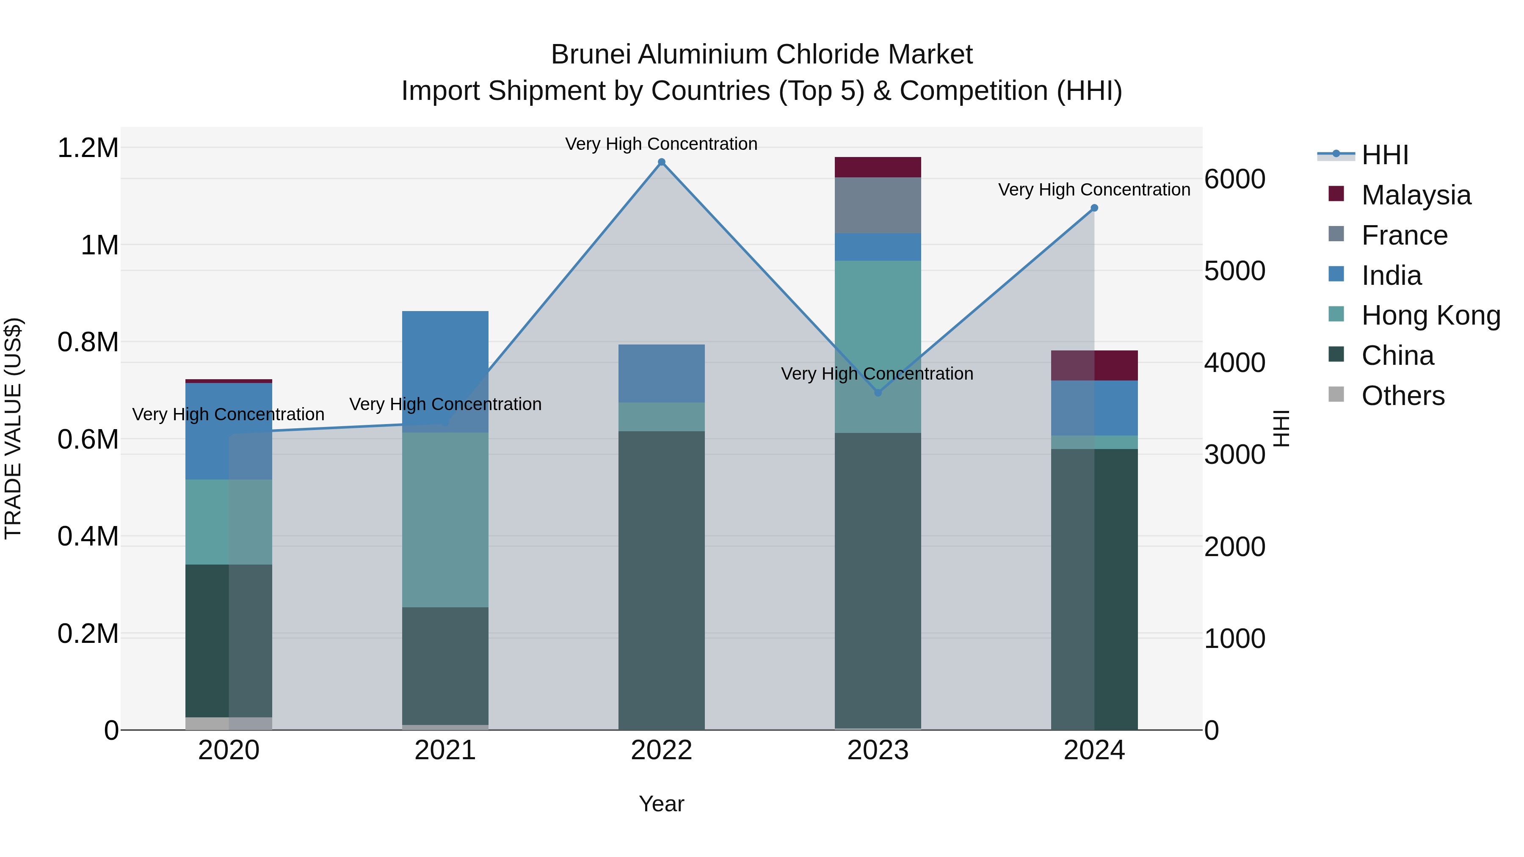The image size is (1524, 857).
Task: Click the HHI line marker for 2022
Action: [x=661, y=162]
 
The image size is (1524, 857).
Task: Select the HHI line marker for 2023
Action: [x=878, y=393]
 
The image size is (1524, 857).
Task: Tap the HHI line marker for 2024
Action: [x=1094, y=208]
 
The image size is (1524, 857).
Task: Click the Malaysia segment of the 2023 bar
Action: [x=878, y=167]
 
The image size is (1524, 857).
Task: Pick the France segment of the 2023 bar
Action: [x=878, y=205]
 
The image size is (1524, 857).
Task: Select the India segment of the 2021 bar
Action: [x=445, y=372]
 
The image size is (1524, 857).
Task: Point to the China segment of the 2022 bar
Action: [x=661, y=580]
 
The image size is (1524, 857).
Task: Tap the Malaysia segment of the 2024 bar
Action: [x=1094, y=366]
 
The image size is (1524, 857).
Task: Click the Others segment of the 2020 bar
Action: [x=229, y=723]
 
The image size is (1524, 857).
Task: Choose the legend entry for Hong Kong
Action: [x=1430, y=316]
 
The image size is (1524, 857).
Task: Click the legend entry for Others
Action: [x=1403, y=396]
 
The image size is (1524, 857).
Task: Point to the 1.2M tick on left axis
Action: [x=88, y=148]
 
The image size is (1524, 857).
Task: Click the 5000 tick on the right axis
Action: [x=1235, y=271]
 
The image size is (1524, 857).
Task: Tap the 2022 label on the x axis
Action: [x=661, y=750]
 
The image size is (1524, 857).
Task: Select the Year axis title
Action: [x=661, y=804]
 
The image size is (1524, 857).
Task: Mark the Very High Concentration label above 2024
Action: [x=1094, y=190]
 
